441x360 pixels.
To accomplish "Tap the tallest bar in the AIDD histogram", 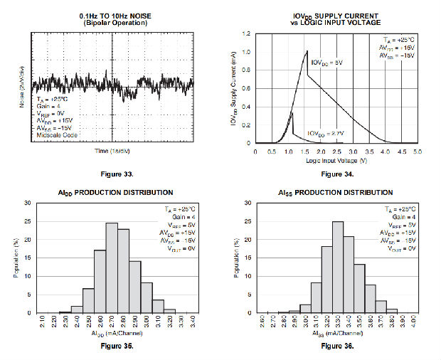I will point(112,268).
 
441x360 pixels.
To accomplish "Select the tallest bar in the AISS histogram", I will point(337,267).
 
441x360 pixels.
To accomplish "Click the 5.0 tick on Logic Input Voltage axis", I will point(418,151).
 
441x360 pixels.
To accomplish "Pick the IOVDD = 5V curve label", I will point(326,63).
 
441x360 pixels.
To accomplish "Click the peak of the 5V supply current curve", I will point(307,51).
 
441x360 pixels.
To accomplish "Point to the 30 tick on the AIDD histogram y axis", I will point(27,203).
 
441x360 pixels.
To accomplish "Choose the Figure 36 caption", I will point(337,346).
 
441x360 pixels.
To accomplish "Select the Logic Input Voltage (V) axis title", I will point(336,162).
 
